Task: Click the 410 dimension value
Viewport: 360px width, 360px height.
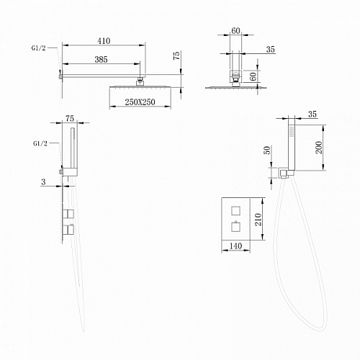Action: point(104,41)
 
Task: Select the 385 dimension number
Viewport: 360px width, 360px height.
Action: point(101,60)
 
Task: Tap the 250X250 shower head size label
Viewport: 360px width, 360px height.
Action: point(140,102)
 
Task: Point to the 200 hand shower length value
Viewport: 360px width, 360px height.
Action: point(319,148)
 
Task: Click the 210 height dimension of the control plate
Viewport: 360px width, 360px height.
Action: point(258,219)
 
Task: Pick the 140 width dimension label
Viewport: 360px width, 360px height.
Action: point(235,246)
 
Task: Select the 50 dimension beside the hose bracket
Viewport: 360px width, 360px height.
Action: point(267,150)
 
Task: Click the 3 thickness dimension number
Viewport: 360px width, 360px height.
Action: point(43,182)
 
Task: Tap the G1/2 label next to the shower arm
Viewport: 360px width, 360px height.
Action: point(38,48)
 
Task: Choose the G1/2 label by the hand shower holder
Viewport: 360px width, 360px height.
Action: point(40,143)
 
